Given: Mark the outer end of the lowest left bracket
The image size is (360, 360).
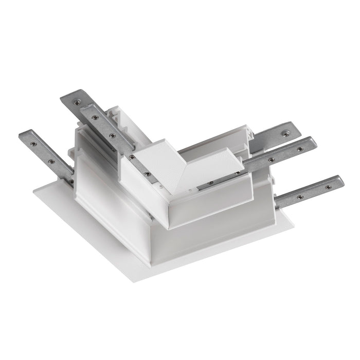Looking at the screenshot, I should point(25,135).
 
